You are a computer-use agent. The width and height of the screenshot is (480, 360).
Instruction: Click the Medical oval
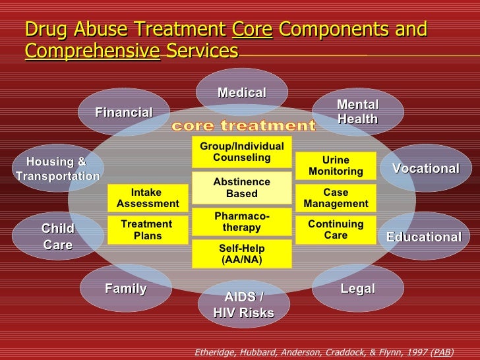click(x=242, y=93)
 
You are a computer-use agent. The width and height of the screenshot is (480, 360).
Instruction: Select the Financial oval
click(x=124, y=113)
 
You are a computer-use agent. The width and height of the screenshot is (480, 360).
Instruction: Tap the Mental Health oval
click(x=357, y=112)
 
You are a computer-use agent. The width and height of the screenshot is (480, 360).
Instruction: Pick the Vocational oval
click(x=426, y=168)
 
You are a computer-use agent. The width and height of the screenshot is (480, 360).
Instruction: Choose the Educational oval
click(x=423, y=236)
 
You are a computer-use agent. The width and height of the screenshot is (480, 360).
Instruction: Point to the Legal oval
click(x=357, y=288)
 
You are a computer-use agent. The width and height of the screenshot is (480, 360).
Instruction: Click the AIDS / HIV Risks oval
click(x=243, y=305)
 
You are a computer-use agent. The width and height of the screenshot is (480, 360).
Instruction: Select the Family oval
click(x=126, y=288)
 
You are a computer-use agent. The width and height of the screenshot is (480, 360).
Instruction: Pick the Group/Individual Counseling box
click(x=242, y=152)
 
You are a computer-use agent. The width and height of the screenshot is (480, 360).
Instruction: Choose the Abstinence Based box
click(x=242, y=188)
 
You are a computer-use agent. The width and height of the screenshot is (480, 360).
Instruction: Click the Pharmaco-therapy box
click(x=242, y=222)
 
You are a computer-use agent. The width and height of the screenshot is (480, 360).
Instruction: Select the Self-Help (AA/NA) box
click(x=242, y=254)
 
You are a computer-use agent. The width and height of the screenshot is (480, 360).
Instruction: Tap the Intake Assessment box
click(x=147, y=198)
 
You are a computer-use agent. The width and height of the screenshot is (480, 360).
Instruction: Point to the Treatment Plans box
click(x=147, y=230)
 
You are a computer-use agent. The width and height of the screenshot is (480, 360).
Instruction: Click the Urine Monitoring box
click(x=336, y=166)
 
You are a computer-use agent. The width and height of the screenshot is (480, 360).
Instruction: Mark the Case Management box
click(x=336, y=198)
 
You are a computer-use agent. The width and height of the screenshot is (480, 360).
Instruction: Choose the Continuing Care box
click(x=336, y=229)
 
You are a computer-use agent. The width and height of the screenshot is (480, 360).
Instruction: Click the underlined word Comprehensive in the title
click(x=93, y=51)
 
